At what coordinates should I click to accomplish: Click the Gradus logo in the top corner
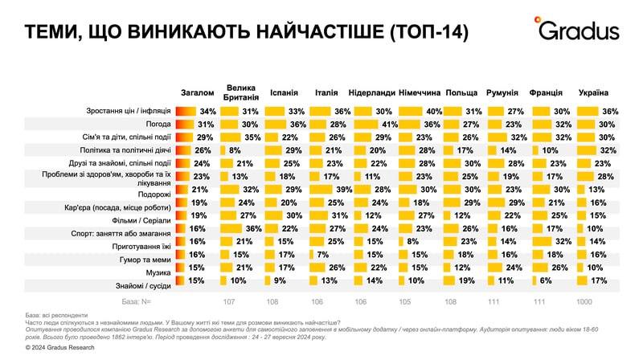[579, 30]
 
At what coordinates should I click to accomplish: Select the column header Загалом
[198, 92]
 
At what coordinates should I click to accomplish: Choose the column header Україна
[593, 92]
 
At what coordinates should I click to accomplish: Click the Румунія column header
[503, 92]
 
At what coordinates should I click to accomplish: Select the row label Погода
[157, 125]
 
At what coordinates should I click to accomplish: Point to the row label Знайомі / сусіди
[142, 284]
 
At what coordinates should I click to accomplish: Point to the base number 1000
[586, 302]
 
